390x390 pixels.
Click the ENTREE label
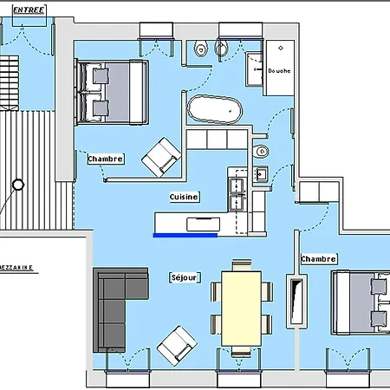tap(29, 10)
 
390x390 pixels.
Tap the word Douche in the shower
tap(279, 70)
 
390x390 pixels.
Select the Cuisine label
tap(184, 197)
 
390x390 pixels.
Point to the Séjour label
tap(185, 277)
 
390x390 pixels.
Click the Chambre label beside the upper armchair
tap(106, 159)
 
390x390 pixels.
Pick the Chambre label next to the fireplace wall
tap(318, 259)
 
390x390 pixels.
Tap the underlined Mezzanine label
tap(16, 268)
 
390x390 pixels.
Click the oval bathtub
tap(215, 110)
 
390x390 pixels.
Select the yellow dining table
tap(241, 309)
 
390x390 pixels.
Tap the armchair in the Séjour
tap(177, 346)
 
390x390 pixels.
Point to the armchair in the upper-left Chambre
tap(161, 158)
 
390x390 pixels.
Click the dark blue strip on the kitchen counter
tap(185, 235)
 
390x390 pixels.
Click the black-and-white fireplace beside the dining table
tap(296, 302)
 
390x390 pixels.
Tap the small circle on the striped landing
tap(18, 185)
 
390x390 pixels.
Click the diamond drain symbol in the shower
tap(281, 48)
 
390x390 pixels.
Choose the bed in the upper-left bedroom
tap(112, 93)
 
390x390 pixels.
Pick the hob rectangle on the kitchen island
tap(203, 224)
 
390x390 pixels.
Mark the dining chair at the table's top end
tap(242, 265)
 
